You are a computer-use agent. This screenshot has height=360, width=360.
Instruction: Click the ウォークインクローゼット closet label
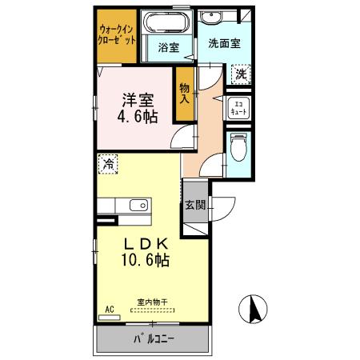coord(118,34)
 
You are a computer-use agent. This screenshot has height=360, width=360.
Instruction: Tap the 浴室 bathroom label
coord(168,47)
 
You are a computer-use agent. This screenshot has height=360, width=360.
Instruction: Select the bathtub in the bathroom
coord(168,22)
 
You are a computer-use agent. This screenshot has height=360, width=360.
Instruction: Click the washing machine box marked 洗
coord(240,74)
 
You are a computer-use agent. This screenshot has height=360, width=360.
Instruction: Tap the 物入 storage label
coord(185,92)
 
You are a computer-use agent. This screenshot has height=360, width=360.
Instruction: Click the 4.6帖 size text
coord(138,116)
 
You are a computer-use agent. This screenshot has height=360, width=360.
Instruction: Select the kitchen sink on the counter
coord(138,205)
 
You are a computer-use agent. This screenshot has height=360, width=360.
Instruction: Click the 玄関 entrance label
coord(195,205)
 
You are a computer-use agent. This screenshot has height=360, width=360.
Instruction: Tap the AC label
coord(110,308)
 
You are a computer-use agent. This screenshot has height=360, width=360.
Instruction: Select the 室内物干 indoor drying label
coord(150,302)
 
